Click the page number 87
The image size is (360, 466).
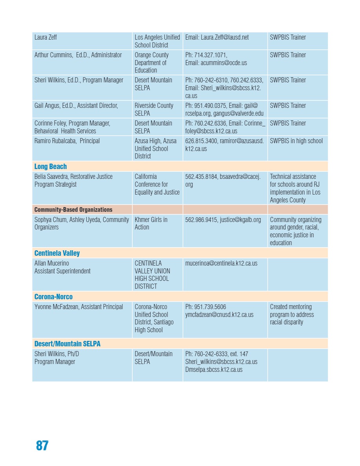[42, 446]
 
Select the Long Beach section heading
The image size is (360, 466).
[51, 166]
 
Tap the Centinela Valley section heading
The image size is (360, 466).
[57, 253]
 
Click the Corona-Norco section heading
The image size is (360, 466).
[54, 297]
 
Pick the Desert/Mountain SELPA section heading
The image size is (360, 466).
[67, 344]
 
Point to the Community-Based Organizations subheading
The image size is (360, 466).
[73, 209]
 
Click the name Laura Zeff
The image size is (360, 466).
[46, 37]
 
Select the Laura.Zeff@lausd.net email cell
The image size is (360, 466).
[217, 37]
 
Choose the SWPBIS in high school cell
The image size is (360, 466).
[296, 141]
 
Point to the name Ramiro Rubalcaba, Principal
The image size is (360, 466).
[67, 141]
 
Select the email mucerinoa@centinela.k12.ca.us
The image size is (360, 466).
[221, 263]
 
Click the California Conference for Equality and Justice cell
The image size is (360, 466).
[157, 184]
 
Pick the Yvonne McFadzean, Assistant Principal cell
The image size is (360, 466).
[79, 307]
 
